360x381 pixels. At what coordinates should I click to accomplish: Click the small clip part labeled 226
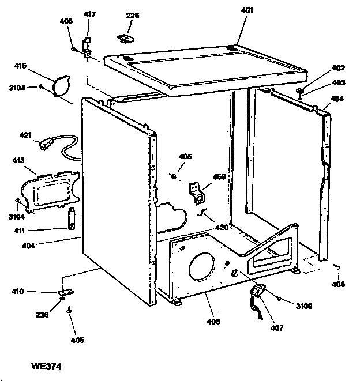(x=124, y=39)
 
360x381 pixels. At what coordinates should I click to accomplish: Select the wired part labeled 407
(x=257, y=297)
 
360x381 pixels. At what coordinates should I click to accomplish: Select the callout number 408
(x=213, y=321)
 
